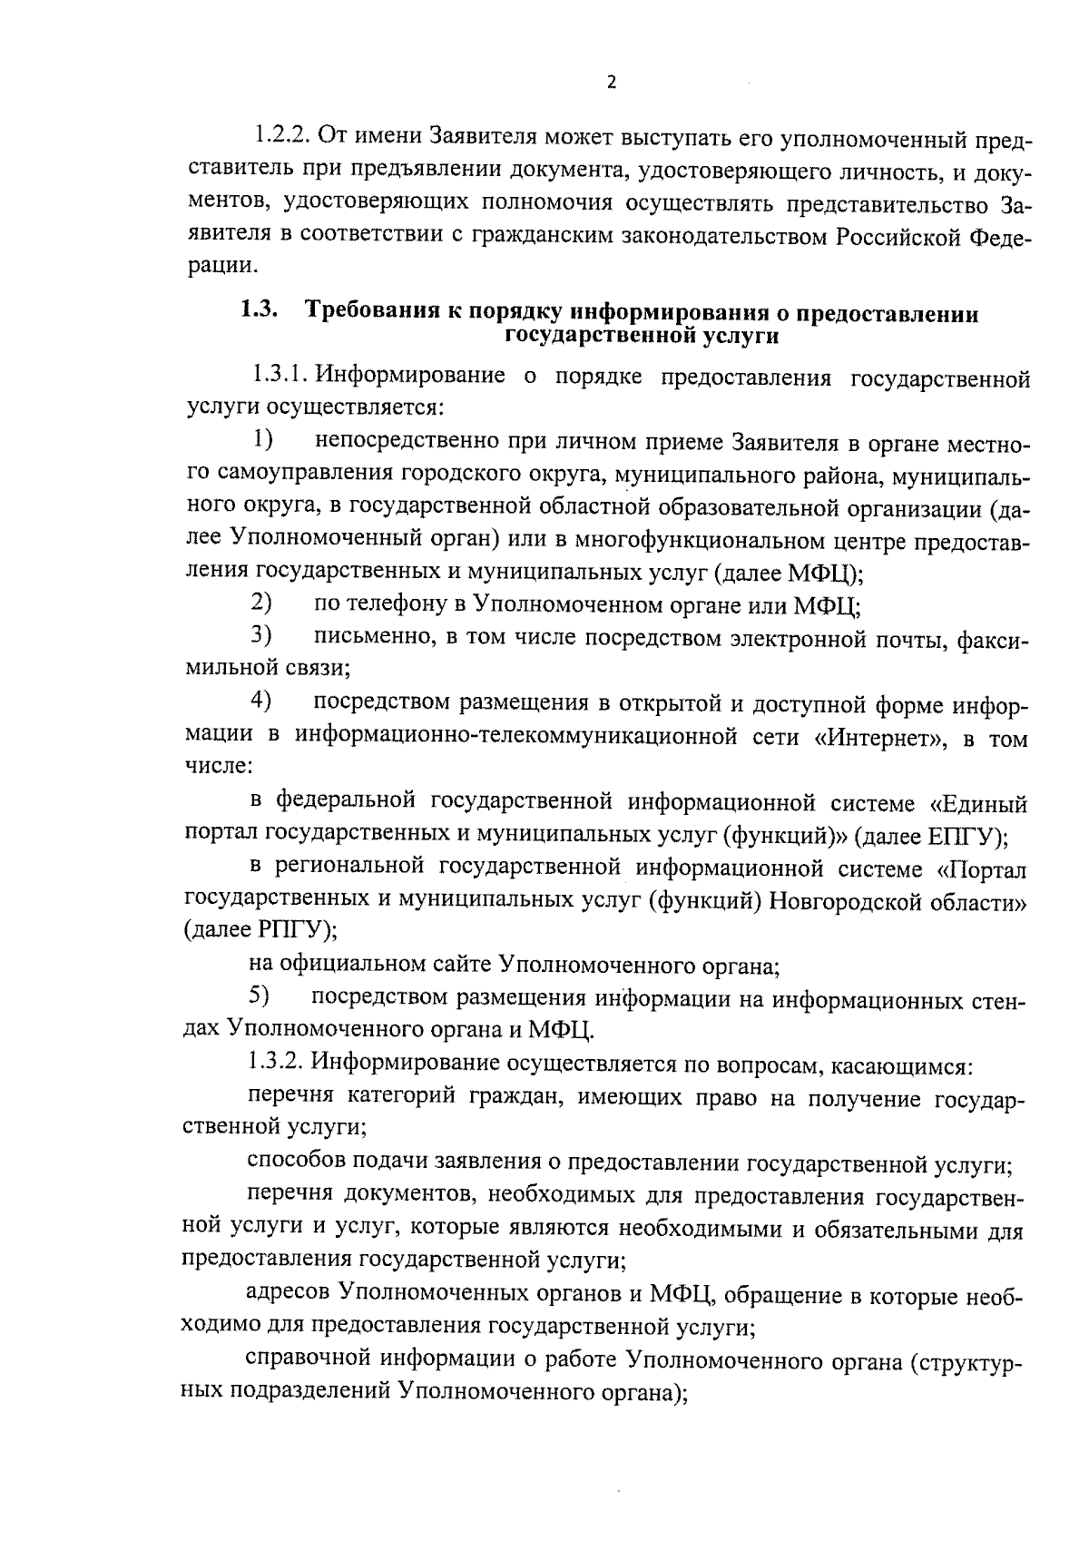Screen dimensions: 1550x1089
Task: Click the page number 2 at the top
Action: (x=611, y=83)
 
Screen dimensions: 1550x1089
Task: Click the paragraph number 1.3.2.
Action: (x=277, y=1062)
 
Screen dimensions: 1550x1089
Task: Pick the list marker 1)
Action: (x=262, y=441)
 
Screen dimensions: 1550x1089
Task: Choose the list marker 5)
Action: (x=260, y=996)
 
